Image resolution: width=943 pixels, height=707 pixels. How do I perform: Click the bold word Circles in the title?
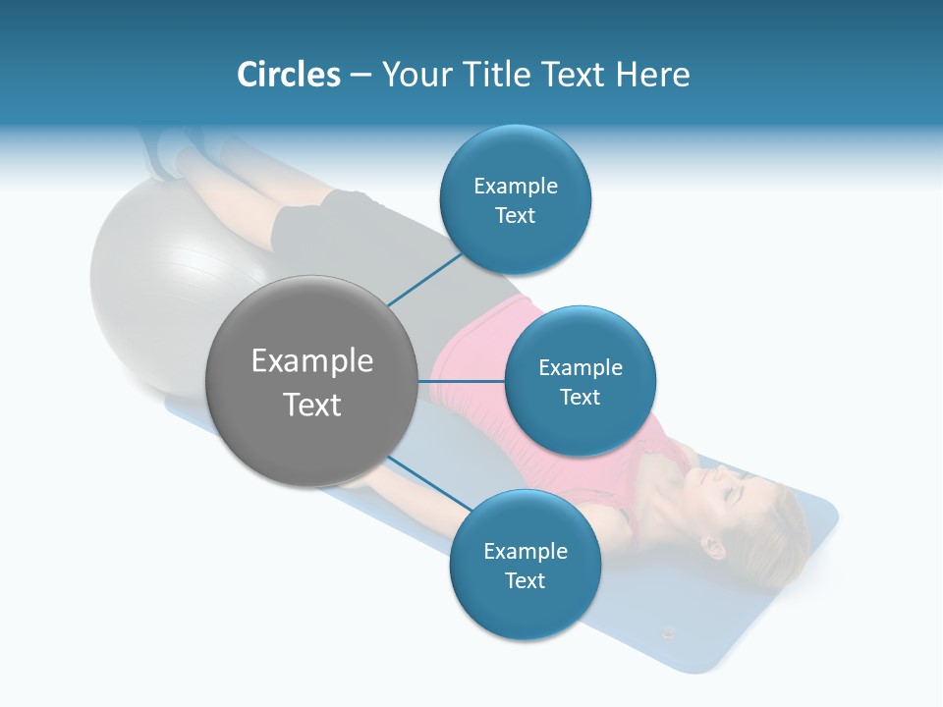click(x=288, y=74)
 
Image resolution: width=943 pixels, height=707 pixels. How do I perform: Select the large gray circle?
click(x=311, y=381)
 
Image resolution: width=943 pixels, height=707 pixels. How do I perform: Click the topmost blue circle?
click(x=515, y=199)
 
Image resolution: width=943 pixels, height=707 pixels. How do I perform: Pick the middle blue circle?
click(x=580, y=381)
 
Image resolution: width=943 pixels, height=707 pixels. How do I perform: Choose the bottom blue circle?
click(x=525, y=565)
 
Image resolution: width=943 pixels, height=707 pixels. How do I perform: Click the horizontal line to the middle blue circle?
click(x=461, y=381)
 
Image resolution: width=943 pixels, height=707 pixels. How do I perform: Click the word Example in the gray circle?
click(x=311, y=360)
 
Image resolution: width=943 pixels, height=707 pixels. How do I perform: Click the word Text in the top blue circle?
click(x=515, y=215)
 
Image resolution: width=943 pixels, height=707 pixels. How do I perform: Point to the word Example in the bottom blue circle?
click(x=525, y=551)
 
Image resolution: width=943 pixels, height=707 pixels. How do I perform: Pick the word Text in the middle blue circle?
click(x=580, y=397)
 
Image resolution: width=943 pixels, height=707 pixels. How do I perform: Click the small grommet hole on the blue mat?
click(x=670, y=632)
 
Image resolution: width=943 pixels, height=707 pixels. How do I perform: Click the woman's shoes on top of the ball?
click(x=167, y=152)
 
